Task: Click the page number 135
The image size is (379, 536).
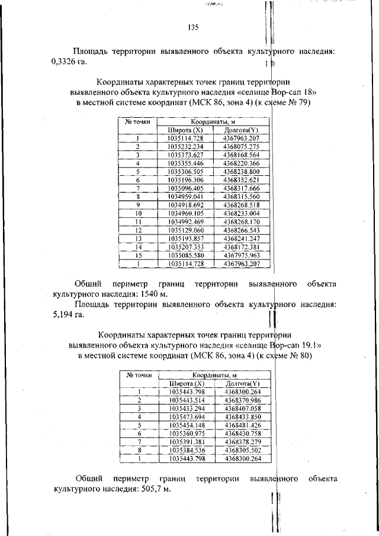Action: tap(193, 27)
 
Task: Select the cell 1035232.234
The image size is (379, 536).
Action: tap(185, 146)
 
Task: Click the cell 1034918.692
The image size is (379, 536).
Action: tap(185, 204)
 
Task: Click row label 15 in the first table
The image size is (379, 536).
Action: tap(137, 255)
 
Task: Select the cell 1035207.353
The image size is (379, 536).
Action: tap(185, 246)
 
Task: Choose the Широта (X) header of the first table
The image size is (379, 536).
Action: tap(185, 130)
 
